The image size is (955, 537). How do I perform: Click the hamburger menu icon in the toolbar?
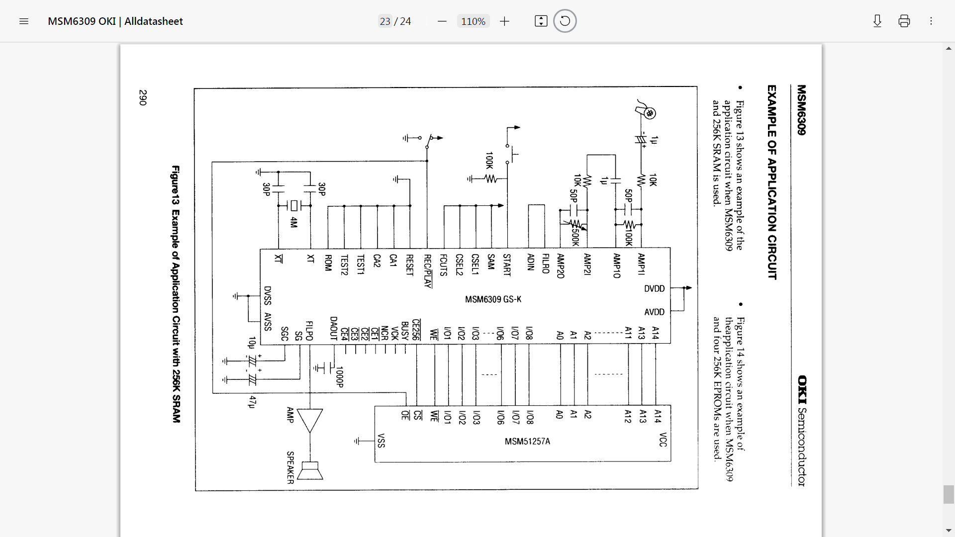pos(24,21)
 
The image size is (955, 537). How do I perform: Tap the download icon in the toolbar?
pos(877,21)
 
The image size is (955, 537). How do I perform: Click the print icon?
pos(904,21)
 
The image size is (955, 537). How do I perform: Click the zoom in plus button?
pos(504,21)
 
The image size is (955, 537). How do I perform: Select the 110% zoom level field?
pos(473,21)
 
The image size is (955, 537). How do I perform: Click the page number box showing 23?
pos(385,21)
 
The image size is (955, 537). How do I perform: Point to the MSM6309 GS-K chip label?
pos(493,299)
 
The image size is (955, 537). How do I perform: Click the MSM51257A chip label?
pos(527,442)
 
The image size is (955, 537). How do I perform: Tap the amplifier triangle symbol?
pos(309,420)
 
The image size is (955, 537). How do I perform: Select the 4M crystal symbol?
pos(294,205)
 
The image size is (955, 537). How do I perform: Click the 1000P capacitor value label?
pos(340,377)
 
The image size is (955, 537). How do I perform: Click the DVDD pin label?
pos(654,289)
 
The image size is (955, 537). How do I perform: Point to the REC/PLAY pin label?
pos(427,271)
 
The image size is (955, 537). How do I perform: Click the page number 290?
pos(143,97)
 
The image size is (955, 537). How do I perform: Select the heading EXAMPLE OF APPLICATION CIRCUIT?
pos(771,182)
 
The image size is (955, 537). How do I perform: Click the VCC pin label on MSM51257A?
pos(663,440)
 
